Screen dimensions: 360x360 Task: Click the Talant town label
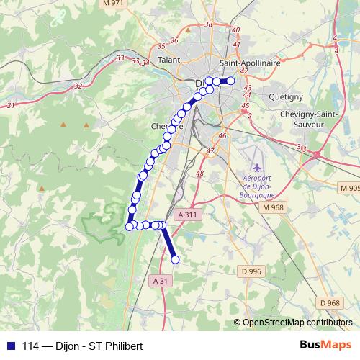point(169,60)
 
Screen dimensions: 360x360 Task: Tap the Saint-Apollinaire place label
point(250,63)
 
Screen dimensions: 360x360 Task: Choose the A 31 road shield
point(161,280)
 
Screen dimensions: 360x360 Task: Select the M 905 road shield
point(348,188)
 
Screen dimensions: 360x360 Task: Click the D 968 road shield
point(330,302)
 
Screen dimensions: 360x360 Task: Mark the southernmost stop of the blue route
point(174,260)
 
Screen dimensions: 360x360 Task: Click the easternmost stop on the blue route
point(231,81)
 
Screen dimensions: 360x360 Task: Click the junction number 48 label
point(199,174)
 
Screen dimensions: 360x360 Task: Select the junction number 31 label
point(10,106)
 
